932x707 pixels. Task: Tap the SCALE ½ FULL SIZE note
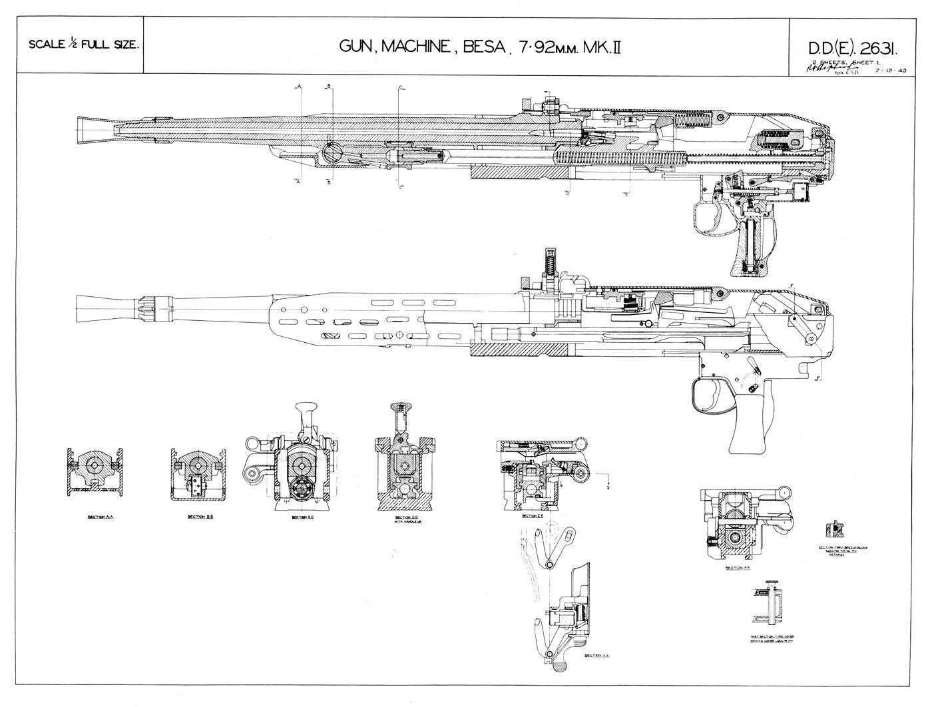[83, 46]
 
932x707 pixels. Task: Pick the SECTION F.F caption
[734, 568]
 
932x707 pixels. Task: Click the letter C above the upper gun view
[400, 87]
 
